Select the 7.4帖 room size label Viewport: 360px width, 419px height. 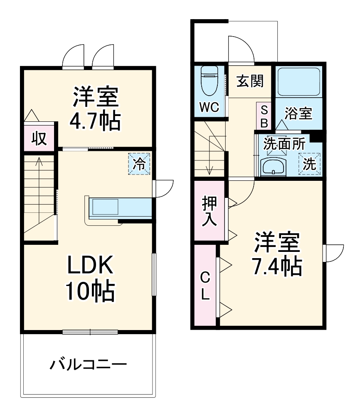point(278,266)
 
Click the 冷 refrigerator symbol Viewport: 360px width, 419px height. point(140,164)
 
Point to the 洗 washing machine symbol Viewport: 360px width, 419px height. point(309,164)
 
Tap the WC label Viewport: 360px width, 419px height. point(209,107)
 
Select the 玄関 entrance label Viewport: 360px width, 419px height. point(250,81)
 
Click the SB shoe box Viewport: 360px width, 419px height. point(264,116)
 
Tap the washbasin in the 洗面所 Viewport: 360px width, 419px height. point(273,167)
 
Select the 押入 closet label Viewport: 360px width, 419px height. point(209,211)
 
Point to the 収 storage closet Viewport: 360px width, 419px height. point(39,138)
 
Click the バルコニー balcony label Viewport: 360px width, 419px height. point(89,365)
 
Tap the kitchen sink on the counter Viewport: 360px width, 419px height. point(105,206)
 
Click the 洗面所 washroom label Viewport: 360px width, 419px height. point(285,144)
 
